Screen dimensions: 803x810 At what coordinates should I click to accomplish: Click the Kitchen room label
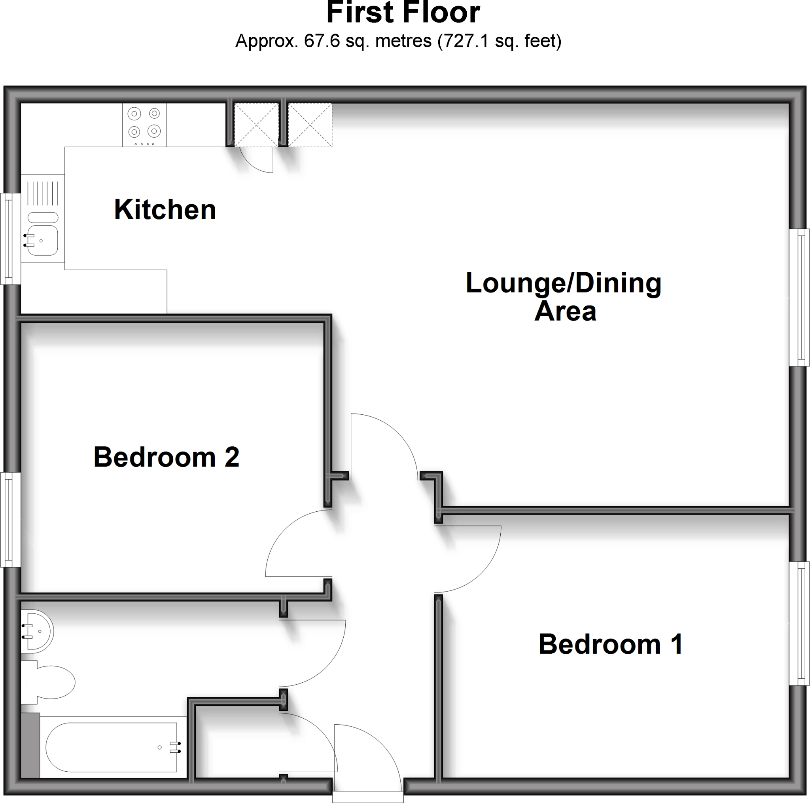tap(165, 209)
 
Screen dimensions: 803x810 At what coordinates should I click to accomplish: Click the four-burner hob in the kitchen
tap(144, 125)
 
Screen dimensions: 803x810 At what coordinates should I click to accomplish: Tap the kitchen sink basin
tap(43, 240)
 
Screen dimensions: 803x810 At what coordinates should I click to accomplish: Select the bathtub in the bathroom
tap(112, 747)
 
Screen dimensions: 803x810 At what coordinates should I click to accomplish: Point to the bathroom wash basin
tap(37, 631)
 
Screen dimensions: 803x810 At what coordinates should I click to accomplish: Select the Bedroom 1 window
tap(799, 623)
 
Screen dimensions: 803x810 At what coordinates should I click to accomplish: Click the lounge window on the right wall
tap(799, 297)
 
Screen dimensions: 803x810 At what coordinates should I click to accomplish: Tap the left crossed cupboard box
tap(256, 125)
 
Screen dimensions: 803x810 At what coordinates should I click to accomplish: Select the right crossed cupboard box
tap(310, 125)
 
